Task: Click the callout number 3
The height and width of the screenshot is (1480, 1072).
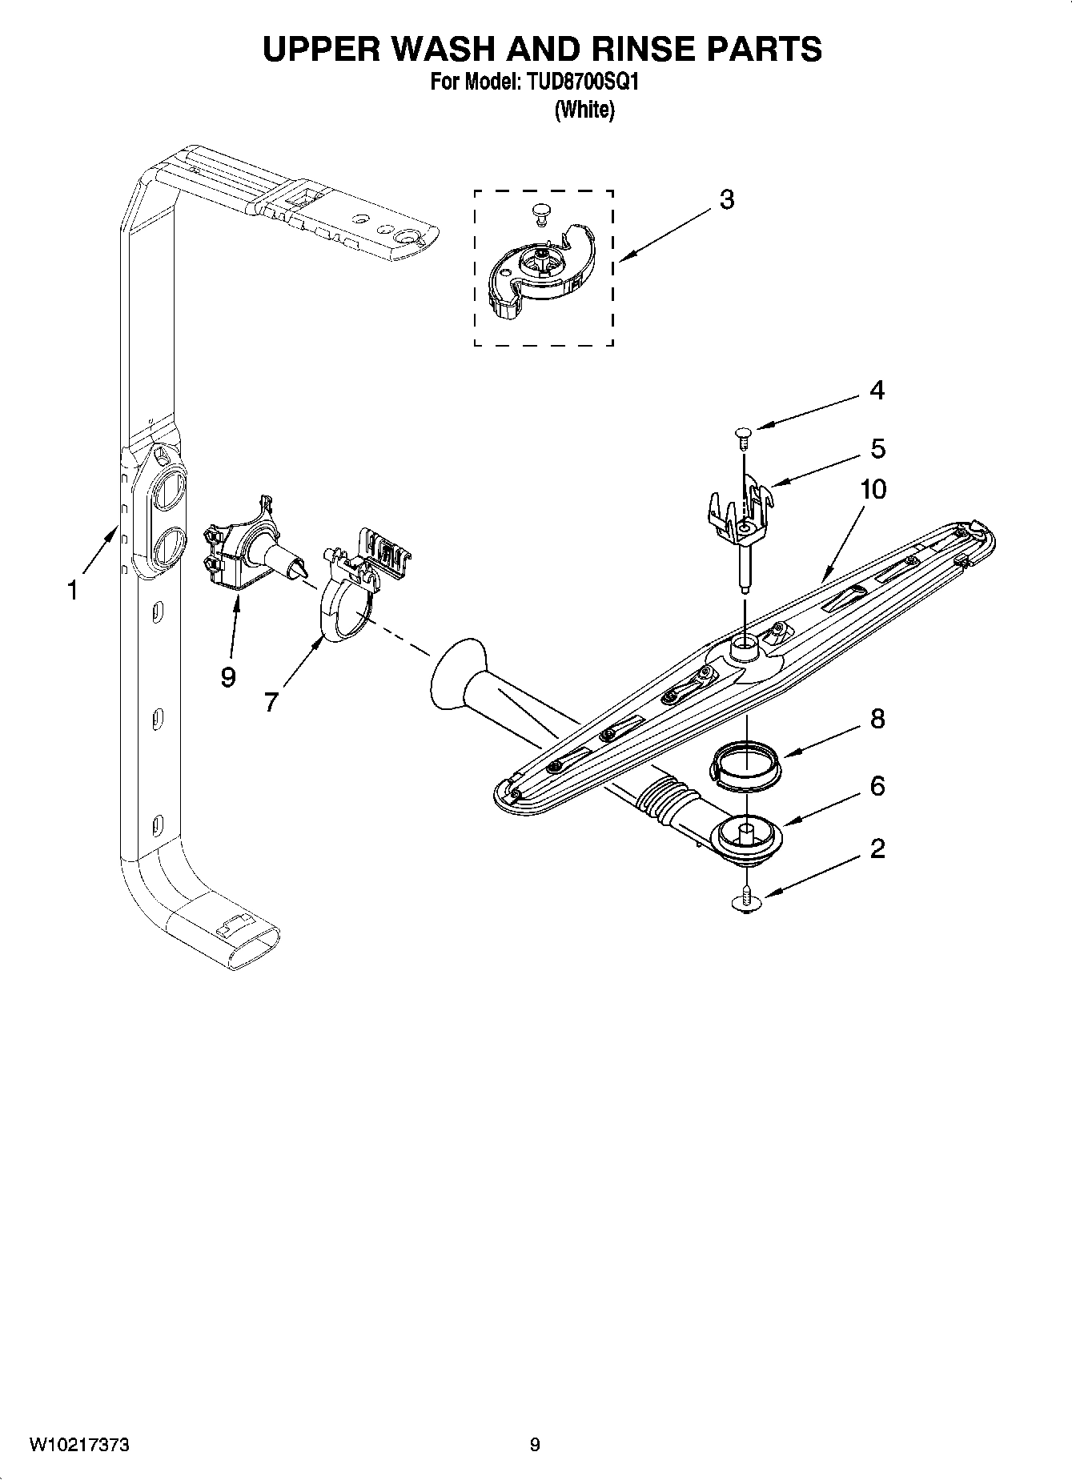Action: coord(726,200)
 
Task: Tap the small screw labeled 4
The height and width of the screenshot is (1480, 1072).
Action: coord(743,434)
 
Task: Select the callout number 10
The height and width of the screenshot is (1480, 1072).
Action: coord(873,489)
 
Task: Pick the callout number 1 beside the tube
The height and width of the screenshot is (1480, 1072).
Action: coord(73,592)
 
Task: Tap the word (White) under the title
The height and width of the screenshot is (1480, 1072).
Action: coord(584,110)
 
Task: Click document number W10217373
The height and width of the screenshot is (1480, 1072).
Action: coord(79,1445)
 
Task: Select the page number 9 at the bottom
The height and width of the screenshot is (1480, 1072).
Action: coord(535,1445)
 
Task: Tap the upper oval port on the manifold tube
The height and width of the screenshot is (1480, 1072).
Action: coord(169,490)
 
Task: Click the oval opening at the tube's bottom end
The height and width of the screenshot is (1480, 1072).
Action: coord(251,950)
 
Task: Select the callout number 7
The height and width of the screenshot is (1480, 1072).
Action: coord(271,703)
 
